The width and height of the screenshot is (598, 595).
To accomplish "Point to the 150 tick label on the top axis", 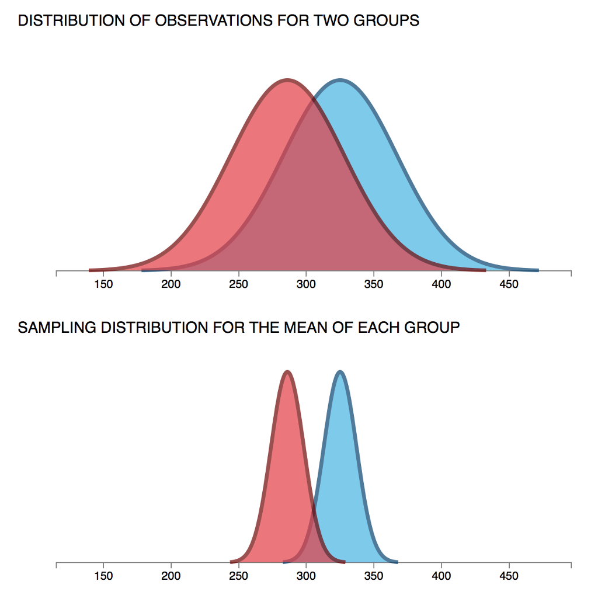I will (103, 284).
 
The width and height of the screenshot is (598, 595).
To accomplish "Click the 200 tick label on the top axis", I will (171, 284).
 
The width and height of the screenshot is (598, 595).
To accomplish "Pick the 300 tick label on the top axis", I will (306, 284).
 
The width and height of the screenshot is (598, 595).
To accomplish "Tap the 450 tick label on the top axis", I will (509, 284).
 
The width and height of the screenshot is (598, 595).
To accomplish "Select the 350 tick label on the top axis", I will (374, 284).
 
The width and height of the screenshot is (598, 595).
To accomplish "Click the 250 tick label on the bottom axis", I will (238, 576).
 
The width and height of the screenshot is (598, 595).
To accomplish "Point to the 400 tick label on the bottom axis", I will (441, 576).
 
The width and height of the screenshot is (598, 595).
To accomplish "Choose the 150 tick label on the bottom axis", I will (103, 576).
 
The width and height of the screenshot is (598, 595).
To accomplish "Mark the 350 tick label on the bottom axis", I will (374, 576).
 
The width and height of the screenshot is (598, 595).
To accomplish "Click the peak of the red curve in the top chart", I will (287, 80).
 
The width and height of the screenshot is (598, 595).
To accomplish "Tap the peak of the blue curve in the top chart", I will (340, 80).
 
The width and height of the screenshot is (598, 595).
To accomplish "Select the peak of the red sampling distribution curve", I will (287, 371).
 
